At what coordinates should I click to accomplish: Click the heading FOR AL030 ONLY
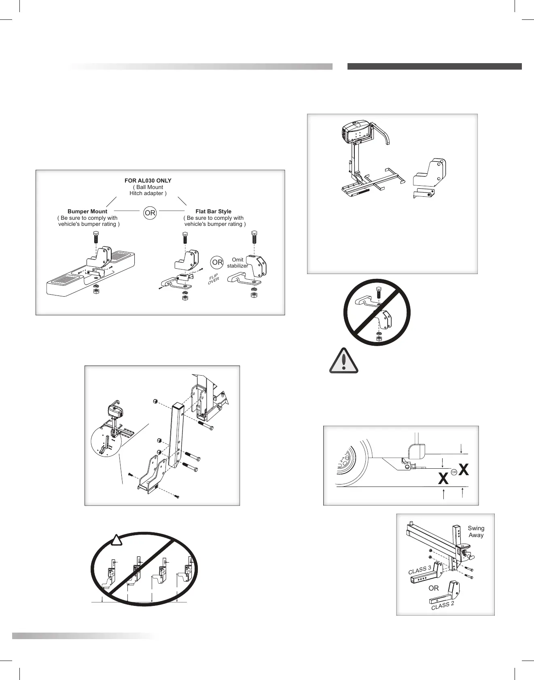[148, 181]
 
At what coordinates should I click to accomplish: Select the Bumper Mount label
[87, 211]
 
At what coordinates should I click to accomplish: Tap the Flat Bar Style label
[213, 211]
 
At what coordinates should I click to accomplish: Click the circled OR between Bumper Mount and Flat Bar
[150, 213]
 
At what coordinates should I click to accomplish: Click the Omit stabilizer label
[237, 263]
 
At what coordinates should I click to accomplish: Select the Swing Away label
[476, 531]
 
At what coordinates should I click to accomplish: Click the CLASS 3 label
[420, 570]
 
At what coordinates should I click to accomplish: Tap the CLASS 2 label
[443, 605]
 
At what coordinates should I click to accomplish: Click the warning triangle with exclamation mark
[344, 360]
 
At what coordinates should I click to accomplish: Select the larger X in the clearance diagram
[464, 470]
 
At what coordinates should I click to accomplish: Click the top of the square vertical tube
[178, 405]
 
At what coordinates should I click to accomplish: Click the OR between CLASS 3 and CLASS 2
[433, 588]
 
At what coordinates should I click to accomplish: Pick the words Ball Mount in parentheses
[148, 187]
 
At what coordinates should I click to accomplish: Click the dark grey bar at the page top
[434, 66]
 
